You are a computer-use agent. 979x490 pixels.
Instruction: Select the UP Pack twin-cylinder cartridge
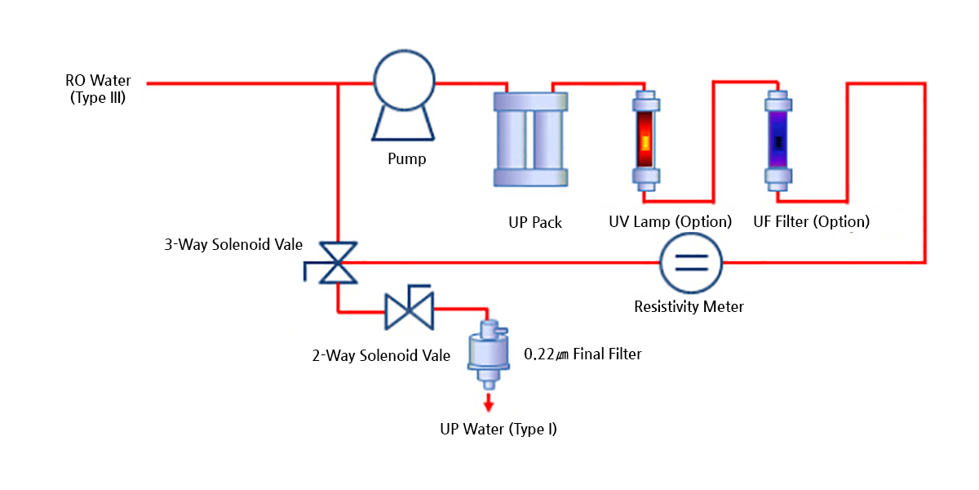tap(529, 138)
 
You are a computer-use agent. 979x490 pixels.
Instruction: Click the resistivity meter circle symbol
tap(690, 262)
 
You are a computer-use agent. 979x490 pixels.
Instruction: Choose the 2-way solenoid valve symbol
tap(409, 309)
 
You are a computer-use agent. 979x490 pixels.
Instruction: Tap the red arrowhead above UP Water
tap(489, 404)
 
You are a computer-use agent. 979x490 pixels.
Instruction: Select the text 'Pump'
tap(406, 158)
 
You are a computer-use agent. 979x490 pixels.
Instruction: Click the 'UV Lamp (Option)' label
tap(670, 222)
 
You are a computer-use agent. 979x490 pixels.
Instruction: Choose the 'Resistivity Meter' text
tap(689, 307)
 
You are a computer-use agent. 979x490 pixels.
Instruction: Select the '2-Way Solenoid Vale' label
tap(381, 355)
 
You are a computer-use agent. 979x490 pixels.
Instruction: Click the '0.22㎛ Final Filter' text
tap(583, 354)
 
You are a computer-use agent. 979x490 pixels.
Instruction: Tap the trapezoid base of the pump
tap(405, 127)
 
